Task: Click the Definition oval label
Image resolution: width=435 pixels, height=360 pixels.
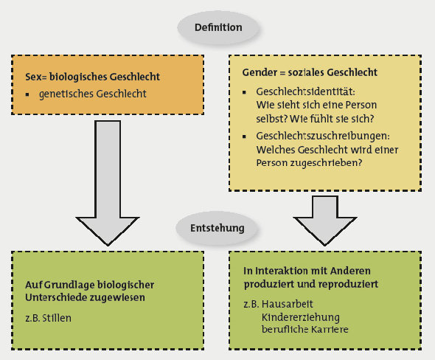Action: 218,27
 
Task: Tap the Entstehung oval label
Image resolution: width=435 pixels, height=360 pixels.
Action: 217,228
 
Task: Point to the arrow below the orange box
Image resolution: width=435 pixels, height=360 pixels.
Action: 108,183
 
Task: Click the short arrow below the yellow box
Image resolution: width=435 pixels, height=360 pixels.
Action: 325,221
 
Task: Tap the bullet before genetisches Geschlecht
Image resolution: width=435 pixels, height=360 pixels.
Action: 27,94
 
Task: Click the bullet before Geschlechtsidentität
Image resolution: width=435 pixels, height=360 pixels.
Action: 244,92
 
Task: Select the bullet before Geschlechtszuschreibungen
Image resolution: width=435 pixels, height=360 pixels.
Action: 244,136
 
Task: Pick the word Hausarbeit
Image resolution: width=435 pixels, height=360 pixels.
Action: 287,304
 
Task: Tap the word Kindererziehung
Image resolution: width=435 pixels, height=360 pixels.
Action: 301,317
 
